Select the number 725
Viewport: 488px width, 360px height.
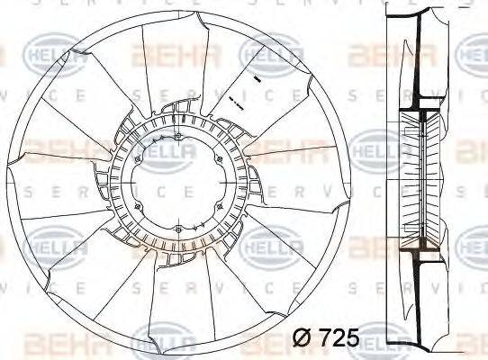[339, 338]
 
